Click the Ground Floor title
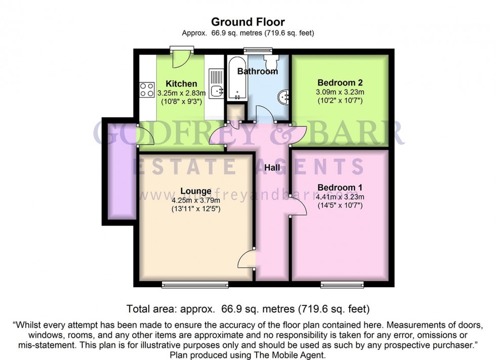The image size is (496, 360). click(x=248, y=22)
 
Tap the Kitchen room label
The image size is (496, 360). click(x=181, y=84)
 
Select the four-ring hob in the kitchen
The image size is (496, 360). click(x=147, y=89)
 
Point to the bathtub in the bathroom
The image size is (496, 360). click(x=237, y=78)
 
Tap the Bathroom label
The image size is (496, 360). click(x=258, y=71)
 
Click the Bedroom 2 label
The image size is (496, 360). click(x=340, y=83)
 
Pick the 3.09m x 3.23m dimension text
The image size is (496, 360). click(x=340, y=93)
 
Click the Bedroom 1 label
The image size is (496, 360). click(x=340, y=188)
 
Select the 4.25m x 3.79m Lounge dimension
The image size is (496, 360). click(x=196, y=200)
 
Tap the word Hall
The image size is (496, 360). click(x=272, y=167)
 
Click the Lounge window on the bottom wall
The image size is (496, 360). click(x=195, y=285)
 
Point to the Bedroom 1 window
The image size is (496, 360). click(x=342, y=285)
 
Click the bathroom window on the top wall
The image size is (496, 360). click(x=258, y=50)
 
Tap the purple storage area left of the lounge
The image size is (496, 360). click(x=122, y=171)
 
